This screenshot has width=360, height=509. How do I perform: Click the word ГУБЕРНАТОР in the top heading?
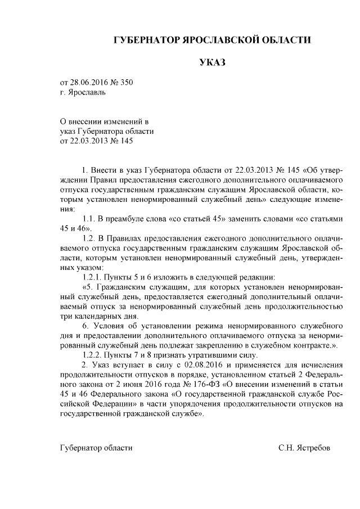click(146, 40)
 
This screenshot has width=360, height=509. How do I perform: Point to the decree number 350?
click(127, 83)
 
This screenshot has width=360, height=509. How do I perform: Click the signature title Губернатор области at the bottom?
click(96, 448)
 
